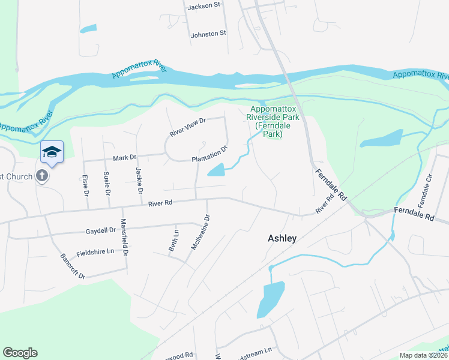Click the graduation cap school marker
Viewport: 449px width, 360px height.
[52, 151]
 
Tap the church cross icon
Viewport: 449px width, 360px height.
[42, 176]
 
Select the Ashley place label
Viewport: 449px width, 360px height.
[282, 238]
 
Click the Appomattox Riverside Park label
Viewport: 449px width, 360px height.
[265, 122]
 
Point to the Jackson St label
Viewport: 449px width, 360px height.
[204, 5]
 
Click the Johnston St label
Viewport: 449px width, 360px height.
[208, 34]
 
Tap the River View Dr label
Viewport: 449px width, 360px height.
[188, 127]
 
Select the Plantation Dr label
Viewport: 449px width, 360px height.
[210, 154]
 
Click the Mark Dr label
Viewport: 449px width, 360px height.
[125, 158]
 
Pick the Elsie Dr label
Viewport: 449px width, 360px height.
[85, 185]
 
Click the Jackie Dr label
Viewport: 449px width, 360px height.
[139, 181]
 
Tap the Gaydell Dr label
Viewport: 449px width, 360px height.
[100, 230]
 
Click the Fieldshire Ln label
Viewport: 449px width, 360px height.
[95, 253]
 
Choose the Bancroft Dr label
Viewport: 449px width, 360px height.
[73, 266]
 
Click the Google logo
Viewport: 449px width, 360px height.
[20, 353]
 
